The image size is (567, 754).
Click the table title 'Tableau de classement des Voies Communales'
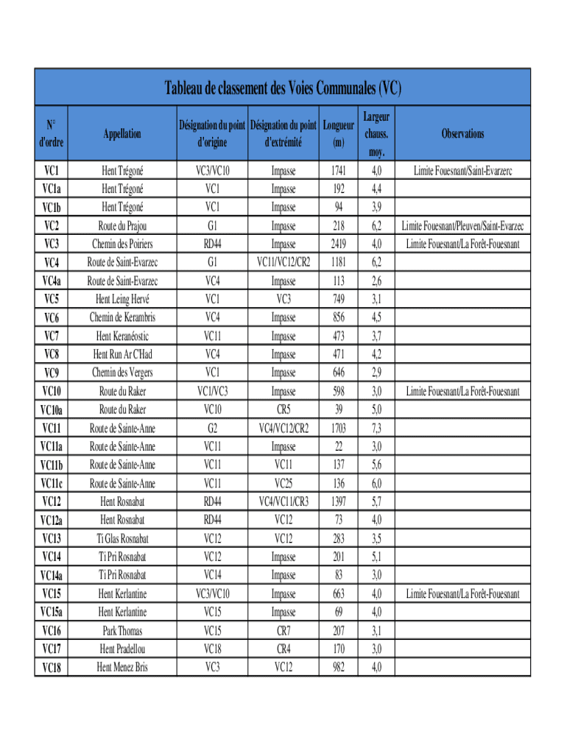(x=283, y=89)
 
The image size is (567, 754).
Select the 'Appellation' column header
(x=122, y=133)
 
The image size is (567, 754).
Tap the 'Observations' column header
(x=462, y=133)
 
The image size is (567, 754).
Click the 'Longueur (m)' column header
(x=338, y=133)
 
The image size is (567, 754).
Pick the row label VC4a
(x=52, y=281)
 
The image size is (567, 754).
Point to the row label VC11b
(x=52, y=465)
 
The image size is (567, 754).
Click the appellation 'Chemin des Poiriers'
(x=122, y=244)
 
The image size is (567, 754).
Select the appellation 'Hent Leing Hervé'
(x=122, y=299)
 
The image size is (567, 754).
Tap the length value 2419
(x=338, y=244)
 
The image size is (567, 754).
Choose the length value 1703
(x=338, y=428)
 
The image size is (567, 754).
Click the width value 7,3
(x=376, y=428)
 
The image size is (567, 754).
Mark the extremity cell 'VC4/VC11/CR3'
(x=283, y=501)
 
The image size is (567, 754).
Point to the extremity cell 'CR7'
(x=283, y=631)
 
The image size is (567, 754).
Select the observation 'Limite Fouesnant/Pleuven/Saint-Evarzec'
(x=462, y=225)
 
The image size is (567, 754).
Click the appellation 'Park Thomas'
(x=122, y=631)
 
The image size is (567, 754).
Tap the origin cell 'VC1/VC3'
(x=212, y=391)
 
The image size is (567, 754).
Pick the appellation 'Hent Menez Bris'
(x=122, y=668)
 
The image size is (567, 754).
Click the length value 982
(x=338, y=668)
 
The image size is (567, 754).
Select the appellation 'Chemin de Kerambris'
(x=122, y=317)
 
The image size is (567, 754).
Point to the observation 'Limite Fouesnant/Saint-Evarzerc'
(x=462, y=171)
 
